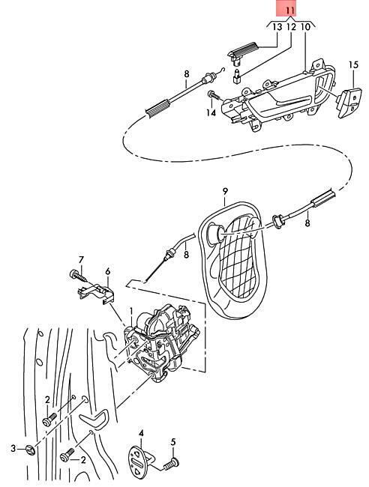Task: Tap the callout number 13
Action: click(277, 27)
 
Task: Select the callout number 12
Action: click(291, 27)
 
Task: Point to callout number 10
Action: click(305, 27)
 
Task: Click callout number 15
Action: click(353, 65)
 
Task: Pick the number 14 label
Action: click(211, 112)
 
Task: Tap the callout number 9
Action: click(225, 191)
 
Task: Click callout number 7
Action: click(81, 259)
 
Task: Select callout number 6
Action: click(107, 271)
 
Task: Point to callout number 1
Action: click(131, 312)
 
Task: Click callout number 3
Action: click(13, 448)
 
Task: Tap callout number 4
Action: click(141, 433)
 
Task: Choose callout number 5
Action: click(173, 441)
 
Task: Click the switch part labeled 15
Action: click(349, 102)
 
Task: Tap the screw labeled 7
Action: click(78, 276)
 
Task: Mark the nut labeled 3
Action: click(30, 449)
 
